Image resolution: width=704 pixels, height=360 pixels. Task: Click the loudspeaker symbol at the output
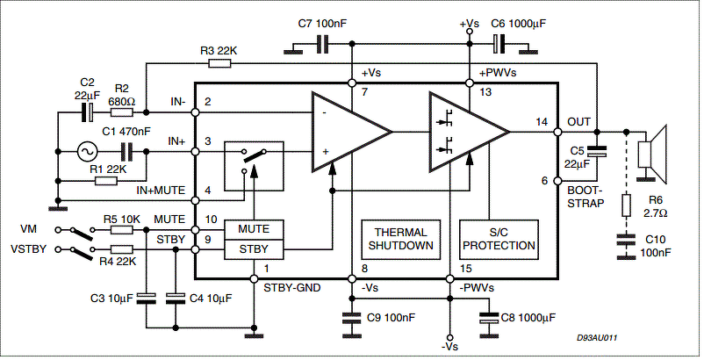(653, 155)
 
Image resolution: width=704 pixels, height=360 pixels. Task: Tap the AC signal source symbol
(86, 152)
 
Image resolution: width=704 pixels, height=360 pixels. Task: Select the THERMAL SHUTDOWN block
(400, 239)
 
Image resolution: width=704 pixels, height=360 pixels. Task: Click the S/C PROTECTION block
(499, 239)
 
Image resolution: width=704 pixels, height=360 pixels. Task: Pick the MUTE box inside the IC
(254, 229)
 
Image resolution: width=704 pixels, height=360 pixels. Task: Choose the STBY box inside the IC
(254, 249)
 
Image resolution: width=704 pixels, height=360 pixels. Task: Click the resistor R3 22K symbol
(220, 64)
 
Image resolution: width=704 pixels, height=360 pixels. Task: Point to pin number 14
(542, 122)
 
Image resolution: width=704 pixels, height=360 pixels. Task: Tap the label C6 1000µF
(519, 24)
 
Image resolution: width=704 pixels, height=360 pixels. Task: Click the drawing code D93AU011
(597, 337)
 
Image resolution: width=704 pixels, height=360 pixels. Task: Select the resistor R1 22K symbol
(106, 182)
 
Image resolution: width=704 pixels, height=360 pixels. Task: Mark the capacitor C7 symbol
(322, 44)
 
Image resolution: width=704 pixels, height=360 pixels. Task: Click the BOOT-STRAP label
(585, 197)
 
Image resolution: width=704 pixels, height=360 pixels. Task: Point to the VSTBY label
(28, 248)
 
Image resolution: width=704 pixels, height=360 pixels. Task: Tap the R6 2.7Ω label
(655, 206)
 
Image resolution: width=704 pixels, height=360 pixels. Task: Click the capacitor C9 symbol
(351, 318)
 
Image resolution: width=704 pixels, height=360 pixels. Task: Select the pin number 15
(465, 269)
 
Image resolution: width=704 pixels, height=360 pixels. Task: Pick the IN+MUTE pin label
(161, 191)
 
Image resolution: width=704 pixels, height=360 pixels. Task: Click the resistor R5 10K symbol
(122, 230)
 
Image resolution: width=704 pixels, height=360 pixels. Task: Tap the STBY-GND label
(291, 288)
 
